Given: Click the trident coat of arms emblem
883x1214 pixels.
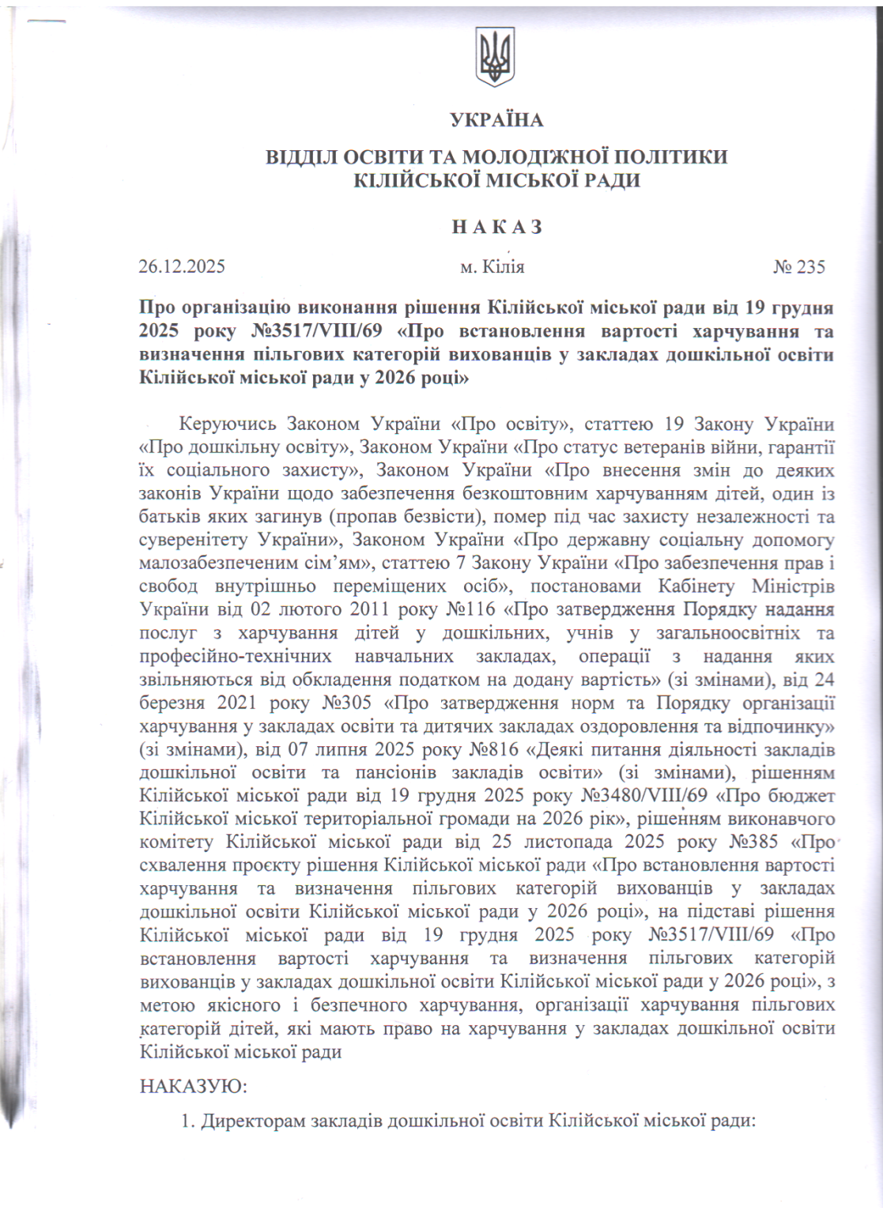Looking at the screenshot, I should pos(495,57).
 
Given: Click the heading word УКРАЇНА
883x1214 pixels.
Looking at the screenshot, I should pos(496,120).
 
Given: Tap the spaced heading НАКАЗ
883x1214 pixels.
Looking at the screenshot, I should pos(497,228).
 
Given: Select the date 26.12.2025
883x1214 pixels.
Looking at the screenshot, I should pos(182,266).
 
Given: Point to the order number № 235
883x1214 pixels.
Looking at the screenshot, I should pos(798,267).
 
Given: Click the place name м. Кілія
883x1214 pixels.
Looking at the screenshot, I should pos(492,267).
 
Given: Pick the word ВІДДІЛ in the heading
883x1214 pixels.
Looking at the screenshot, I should pos(301,156).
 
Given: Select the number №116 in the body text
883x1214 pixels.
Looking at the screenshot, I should pos(471,609).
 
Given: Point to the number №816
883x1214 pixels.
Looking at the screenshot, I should pos(494,748).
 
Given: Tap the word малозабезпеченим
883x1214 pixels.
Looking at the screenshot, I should pos(210,564).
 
